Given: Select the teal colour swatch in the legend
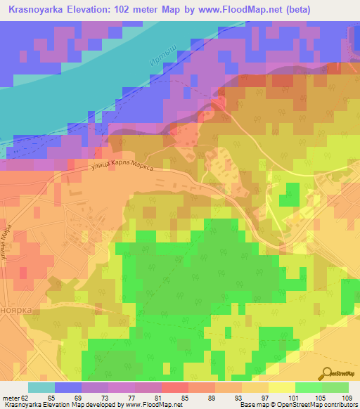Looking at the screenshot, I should pos(41,387).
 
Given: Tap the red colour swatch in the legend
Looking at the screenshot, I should pos(175,387).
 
